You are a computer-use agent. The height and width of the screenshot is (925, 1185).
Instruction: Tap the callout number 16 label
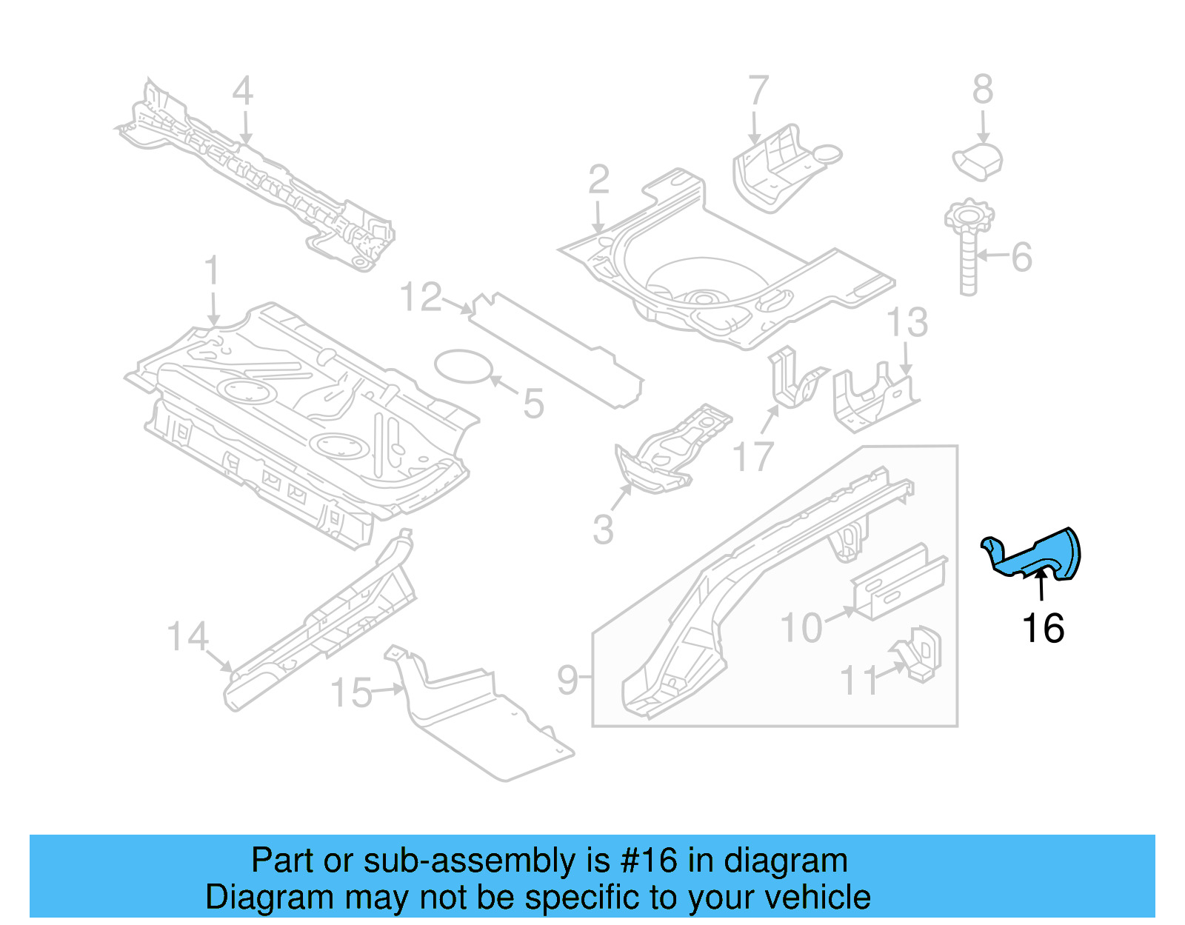1043,629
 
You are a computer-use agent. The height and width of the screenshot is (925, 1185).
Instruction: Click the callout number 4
243,91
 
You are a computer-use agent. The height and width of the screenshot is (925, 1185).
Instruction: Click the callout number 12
421,297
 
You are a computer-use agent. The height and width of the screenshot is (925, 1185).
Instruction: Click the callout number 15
351,693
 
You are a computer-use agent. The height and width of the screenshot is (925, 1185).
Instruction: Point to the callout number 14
187,636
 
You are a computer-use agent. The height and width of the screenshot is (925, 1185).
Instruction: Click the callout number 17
753,456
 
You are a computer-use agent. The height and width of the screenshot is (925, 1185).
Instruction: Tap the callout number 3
603,529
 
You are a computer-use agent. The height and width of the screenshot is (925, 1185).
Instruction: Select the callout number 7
758,91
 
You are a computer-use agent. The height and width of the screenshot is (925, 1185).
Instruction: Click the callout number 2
599,180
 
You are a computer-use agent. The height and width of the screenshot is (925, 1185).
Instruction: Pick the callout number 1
213,270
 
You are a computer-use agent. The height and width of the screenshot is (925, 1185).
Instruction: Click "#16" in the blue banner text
649,861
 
